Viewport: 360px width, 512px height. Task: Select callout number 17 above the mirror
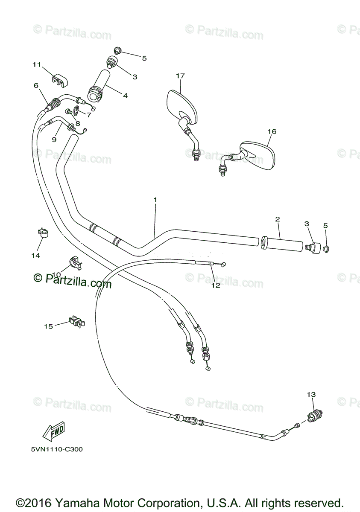point(180,76)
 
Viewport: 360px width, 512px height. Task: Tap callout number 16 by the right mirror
point(272,131)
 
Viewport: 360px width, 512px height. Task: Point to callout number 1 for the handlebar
point(155,200)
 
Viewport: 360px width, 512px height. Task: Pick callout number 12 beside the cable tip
point(216,285)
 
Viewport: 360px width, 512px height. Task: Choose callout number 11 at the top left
point(37,64)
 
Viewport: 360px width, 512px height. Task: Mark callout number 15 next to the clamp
point(49,326)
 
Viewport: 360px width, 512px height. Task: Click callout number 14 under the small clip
point(35,255)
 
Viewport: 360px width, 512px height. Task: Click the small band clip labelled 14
point(42,233)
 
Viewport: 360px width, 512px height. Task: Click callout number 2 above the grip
point(278,219)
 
